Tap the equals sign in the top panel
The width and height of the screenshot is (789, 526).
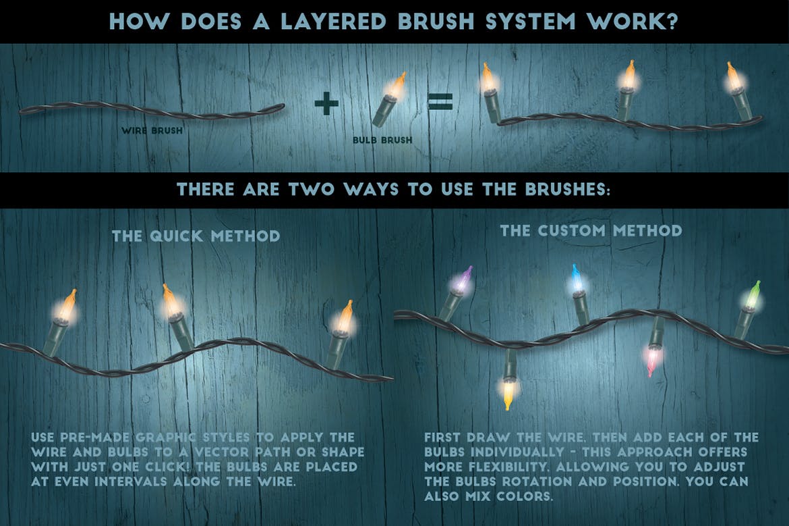coord(438,103)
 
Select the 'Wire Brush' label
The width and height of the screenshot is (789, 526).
coord(152,130)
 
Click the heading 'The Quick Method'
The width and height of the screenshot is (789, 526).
coord(196,236)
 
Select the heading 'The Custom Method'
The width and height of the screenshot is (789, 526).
coord(591,230)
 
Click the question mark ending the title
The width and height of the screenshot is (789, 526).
coord(671,21)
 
